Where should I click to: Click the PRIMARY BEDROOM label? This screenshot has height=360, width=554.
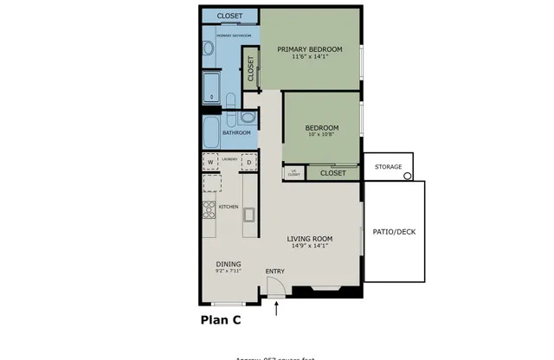310,49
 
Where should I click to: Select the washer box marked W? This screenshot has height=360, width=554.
210,162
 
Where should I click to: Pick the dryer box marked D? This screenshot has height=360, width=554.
248,162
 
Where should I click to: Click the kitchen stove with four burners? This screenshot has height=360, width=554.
209,209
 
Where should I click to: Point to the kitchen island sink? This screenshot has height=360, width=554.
249,214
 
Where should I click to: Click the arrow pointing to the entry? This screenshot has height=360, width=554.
276,308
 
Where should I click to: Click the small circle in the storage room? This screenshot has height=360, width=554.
407,176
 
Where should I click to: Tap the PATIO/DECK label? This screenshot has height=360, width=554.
395,231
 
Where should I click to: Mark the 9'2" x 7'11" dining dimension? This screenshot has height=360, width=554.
229,271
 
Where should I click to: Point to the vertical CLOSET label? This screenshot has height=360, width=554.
251,69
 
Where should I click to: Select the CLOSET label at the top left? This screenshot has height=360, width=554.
229,16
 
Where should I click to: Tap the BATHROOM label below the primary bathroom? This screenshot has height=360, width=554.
236,132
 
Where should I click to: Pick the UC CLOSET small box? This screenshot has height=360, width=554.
293,172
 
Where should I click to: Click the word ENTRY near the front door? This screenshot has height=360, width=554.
275,272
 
